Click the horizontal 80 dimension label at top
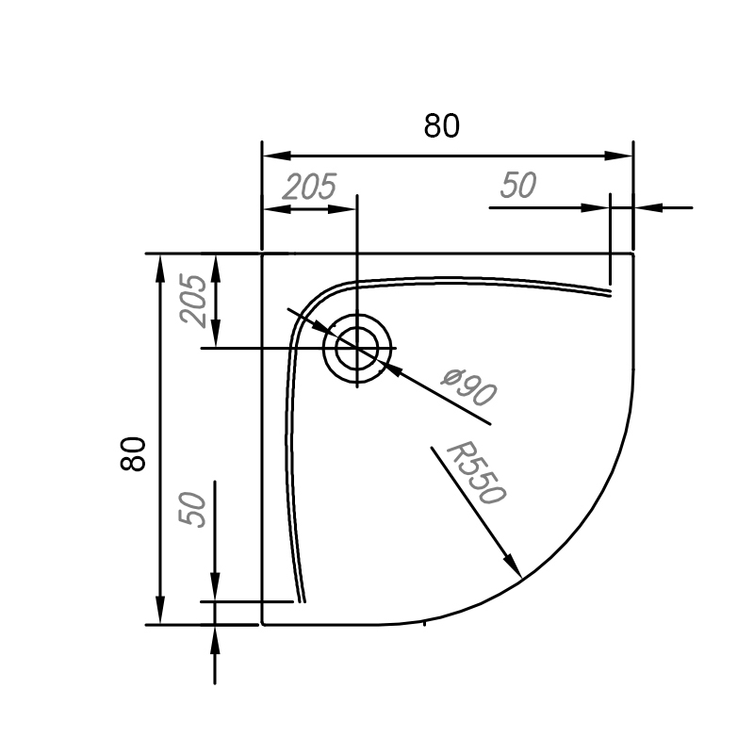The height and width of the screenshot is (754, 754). [441, 126]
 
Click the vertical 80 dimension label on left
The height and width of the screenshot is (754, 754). [133, 453]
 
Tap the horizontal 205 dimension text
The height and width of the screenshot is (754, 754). [309, 187]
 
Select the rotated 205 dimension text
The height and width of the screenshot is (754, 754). [192, 301]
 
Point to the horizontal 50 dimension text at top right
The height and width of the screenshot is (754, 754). [517, 185]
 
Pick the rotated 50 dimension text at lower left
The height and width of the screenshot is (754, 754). [192, 510]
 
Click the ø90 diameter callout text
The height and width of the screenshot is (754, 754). [468, 387]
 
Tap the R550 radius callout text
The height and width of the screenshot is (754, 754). [476, 474]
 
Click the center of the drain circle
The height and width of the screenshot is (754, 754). [357, 348]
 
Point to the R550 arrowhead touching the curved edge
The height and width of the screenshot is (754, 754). [514, 565]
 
